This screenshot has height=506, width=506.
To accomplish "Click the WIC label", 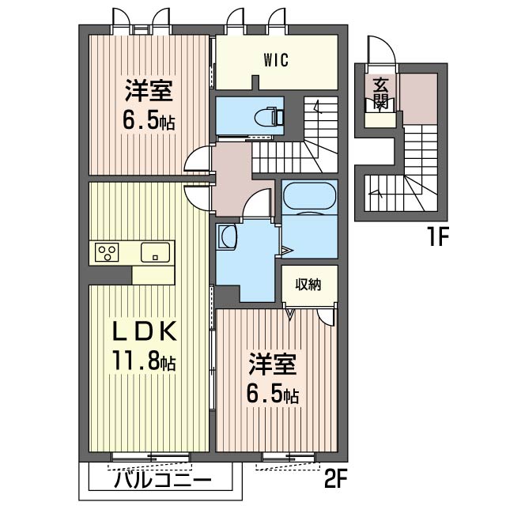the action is click(x=276, y=60).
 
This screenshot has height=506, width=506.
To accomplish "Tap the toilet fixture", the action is click(x=269, y=116).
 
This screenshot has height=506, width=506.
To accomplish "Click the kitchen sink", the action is click(x=155, y=252).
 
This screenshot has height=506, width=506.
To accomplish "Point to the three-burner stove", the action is click(x=107, y=252).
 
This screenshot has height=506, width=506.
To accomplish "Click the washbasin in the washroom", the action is click(x=227, y=236).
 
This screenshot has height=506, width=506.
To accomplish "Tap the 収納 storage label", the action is click(x=308, y=285).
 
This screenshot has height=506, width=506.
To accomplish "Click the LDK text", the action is click(x=144, y=330).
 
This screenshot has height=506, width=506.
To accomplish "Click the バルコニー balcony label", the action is click(x=163, y=481).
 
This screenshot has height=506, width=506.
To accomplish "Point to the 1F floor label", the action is click(x=439, y=237).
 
